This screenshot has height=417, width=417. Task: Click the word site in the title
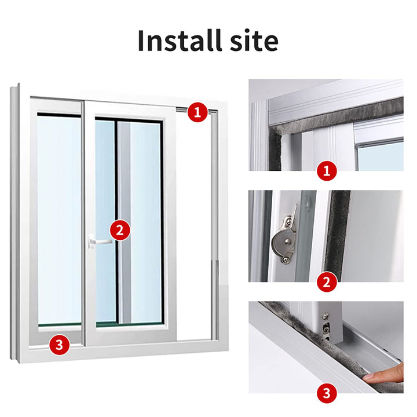(254, 41)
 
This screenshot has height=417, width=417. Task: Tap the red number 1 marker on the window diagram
(197, 112)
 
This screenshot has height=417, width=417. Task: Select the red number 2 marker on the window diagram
(120, 230)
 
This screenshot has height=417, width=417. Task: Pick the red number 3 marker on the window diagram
(59, 345)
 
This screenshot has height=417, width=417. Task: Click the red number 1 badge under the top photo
(327, 171)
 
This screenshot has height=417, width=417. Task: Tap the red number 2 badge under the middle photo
(327, 282)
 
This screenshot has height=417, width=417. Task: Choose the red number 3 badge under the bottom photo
(327, 393)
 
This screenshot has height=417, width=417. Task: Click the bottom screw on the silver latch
(286, 259)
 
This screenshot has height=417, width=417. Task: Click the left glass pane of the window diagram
(59, 220)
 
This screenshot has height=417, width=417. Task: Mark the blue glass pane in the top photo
(381, 156)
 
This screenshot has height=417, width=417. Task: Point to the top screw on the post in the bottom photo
(325, 316)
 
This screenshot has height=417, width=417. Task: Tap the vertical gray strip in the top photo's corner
(275, 149)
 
